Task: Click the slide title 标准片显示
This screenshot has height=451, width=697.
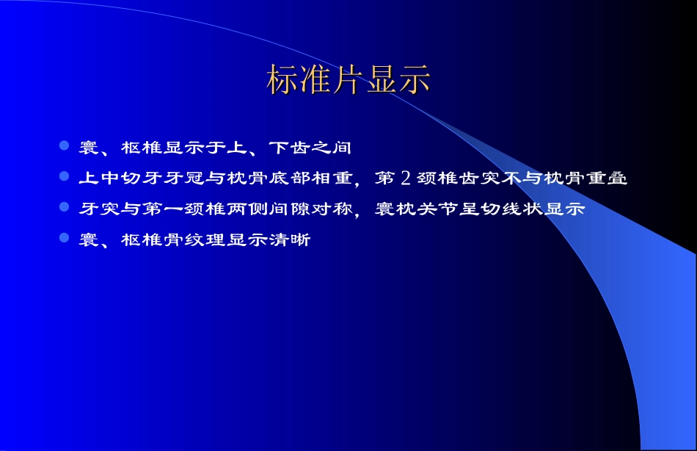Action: pos(348,80)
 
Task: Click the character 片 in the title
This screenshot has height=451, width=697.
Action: pos(348,80)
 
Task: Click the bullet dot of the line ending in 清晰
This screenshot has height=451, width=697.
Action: pos(64,239)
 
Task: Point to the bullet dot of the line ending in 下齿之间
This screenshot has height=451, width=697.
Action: pos(64,146)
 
